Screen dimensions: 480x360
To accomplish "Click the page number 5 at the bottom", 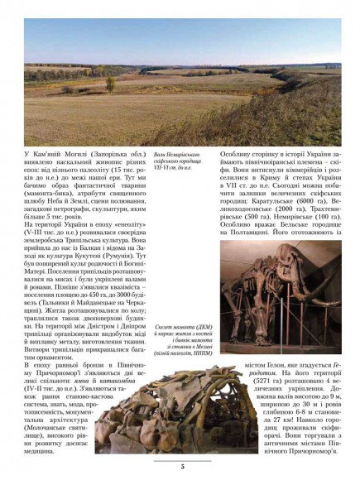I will pyautogui.click(x=180, y=467).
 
